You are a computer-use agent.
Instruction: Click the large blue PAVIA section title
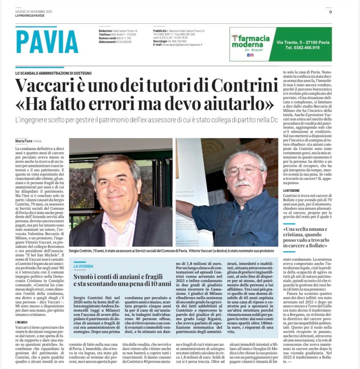coord(47,42)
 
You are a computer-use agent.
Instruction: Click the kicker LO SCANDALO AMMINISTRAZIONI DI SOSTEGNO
coord(53,73)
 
